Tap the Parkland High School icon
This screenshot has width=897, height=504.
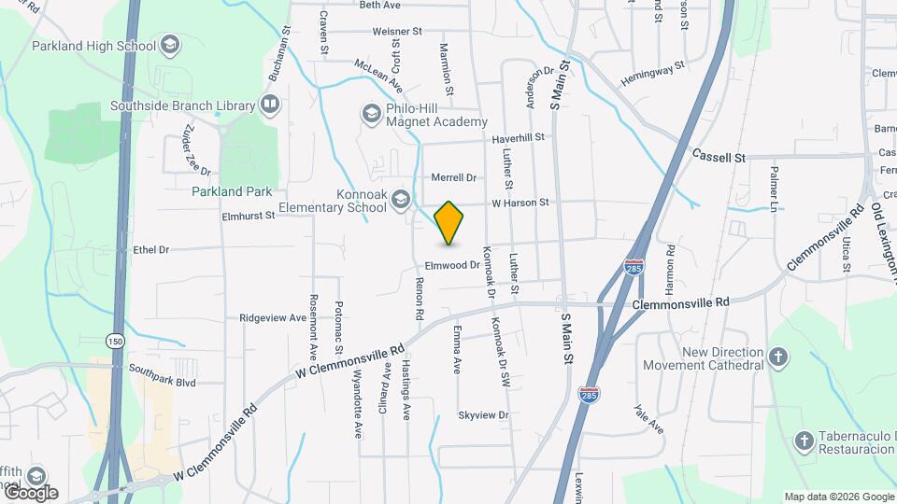coord(170,45)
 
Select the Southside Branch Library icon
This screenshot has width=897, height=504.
coord(270,105)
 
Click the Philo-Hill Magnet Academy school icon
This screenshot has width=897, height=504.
coord(371,113)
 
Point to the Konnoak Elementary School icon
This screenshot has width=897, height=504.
coord(401,198)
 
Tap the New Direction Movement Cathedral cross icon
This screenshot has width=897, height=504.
coord(778,357)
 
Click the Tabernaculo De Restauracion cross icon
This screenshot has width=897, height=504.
coord(804,440)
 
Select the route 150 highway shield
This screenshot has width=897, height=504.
coord(115,340)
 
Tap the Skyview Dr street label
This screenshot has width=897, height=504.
coord(483,414)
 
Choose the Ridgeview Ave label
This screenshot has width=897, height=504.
coord(273,317)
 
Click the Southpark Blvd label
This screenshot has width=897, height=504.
coord(163,382)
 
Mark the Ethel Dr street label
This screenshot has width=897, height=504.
coord(150,249)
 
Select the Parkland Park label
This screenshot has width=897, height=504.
coord(232,191)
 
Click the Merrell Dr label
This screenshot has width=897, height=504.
coord(453,177)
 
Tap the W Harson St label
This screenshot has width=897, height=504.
coord(520,202)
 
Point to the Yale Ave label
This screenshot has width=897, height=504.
coord(648,419)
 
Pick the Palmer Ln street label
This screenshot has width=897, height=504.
coord(775,187)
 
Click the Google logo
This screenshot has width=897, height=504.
coord(31,492)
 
